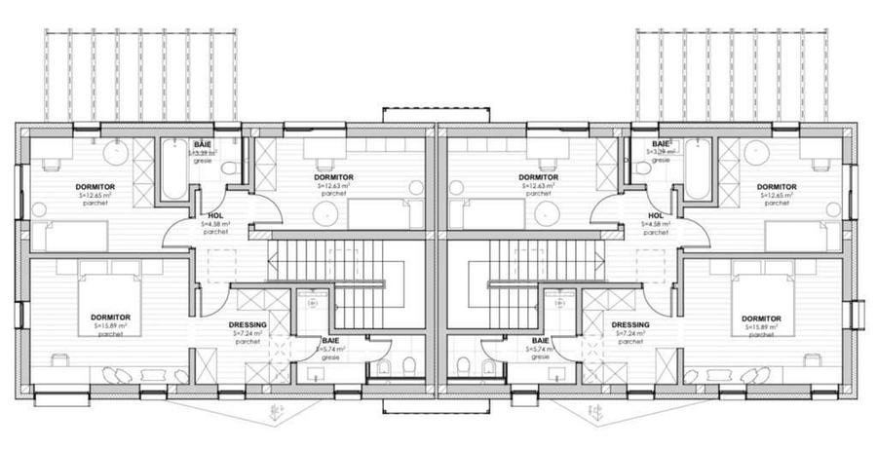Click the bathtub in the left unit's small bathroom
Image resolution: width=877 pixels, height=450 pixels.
[173, 169]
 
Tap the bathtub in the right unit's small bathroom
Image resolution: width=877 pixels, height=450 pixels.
[698, 169]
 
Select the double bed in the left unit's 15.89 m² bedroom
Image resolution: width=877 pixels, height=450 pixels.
[109, 305]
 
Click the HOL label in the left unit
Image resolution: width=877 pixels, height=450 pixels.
[216, 215]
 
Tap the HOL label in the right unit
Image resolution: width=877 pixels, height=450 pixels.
[656, 215]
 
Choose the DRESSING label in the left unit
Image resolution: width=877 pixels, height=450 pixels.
[248, 325]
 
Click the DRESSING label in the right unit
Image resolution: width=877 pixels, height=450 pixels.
[630, 325]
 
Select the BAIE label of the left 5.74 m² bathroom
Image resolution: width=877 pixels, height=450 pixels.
[331, 341]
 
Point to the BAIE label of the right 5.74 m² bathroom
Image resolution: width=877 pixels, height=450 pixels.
[540, 341]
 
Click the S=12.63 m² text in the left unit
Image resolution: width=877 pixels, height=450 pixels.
[333, 185]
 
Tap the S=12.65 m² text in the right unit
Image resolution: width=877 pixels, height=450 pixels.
[777, 195]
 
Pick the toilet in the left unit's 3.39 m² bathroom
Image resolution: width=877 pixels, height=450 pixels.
[230, 169]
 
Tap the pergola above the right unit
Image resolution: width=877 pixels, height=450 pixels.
[731, 73]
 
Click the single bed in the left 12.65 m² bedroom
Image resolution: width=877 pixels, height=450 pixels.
[68, 236]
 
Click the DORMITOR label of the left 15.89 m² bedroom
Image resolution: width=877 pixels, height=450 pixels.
[110, 317]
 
